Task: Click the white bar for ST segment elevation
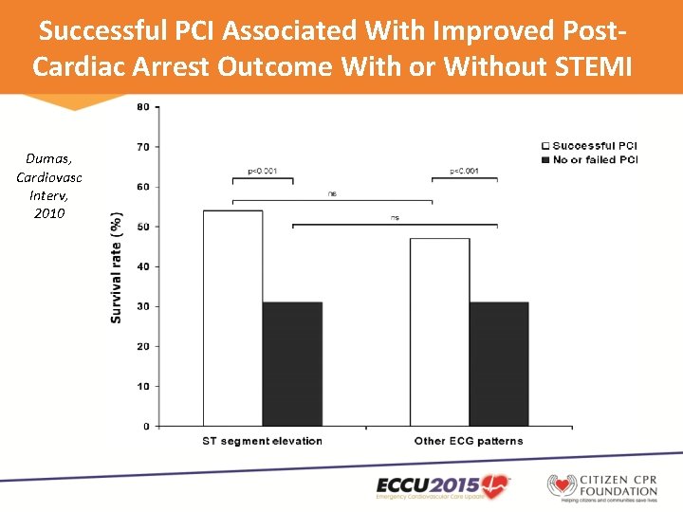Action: point(232,318)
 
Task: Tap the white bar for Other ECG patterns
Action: point(439,332)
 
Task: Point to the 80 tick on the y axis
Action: point(143,107)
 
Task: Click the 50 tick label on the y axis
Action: point(143,227)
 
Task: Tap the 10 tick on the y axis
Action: point(143,387)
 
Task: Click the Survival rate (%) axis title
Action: point(117,266)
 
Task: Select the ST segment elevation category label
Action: point(262,441)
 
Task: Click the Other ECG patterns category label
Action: point(469,441)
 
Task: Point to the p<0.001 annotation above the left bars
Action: point(262,172)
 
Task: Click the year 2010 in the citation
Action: point(48,213)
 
